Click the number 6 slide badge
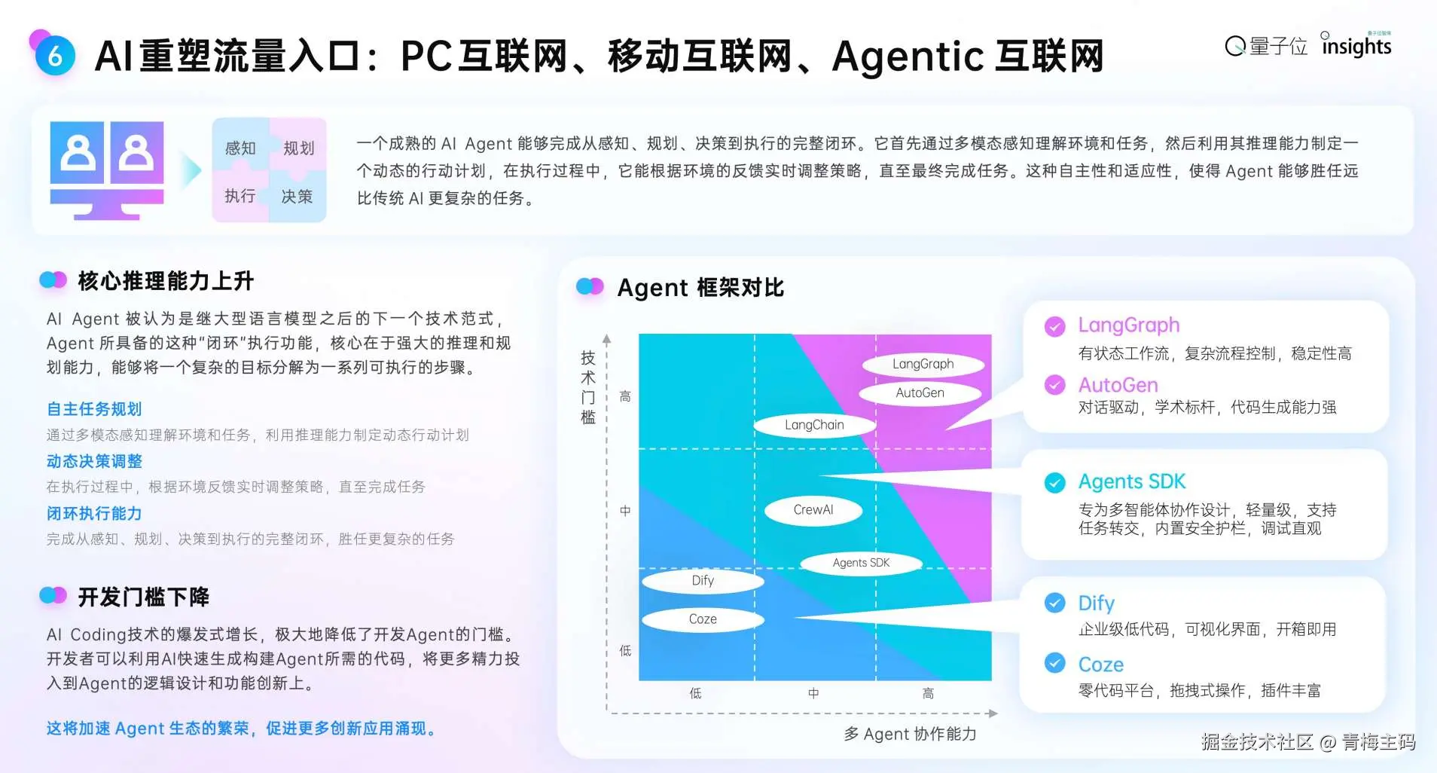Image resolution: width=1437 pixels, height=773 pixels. [54, 55]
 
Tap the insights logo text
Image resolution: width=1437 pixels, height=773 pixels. [1356, 46]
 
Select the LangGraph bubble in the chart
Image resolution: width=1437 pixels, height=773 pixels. [923, 364]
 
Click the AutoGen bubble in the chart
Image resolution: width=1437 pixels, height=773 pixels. [920, 393]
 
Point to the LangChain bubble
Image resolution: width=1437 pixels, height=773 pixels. [814, 425]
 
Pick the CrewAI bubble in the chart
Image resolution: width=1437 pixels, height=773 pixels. [813, 510]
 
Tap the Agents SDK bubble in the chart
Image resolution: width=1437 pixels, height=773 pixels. [861, 563]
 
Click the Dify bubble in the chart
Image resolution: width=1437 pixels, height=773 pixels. [703, 580]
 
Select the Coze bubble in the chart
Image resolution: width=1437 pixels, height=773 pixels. [703, 619]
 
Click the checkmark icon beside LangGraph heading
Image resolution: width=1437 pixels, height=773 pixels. [1054, 326]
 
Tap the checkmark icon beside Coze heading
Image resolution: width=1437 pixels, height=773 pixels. [1054, 663]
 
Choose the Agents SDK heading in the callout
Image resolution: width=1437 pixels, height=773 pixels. [1131, 481]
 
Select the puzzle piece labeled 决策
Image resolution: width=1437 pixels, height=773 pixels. [298, 196]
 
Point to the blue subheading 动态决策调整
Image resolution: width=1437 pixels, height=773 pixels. [94, 461]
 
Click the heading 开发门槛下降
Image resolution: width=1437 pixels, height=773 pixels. [143, 597]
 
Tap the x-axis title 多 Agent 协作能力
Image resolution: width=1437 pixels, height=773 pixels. [910, 734]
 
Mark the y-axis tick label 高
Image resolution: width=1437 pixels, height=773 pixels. [625, 396]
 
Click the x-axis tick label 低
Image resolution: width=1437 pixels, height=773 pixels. [695, 693]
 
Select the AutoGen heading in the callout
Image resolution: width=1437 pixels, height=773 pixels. [1118, 385]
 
